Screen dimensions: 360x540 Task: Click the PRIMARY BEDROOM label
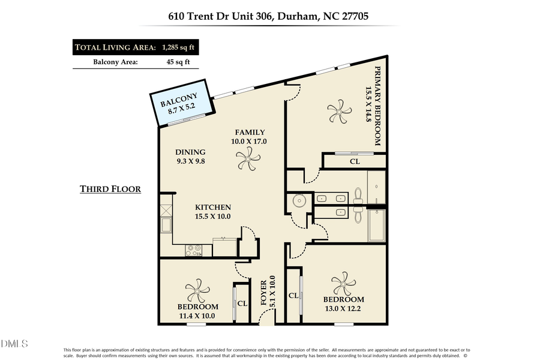(373, 105)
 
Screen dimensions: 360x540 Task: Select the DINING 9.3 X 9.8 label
(190, 156)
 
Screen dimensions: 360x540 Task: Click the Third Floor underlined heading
(110, 190)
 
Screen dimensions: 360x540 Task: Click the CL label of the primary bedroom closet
(355, 161)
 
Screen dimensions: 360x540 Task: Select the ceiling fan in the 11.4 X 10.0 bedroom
(197, 292)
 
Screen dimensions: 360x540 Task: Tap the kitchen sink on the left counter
(166, 225)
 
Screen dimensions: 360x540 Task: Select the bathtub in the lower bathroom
(376, 225)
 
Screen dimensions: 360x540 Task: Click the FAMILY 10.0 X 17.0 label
(250, 137)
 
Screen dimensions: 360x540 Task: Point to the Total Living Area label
(115, 47)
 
